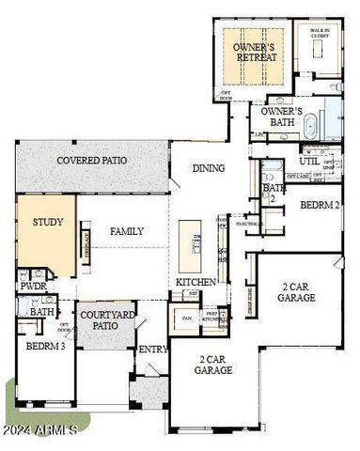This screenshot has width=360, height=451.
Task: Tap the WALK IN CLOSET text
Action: point(321,34)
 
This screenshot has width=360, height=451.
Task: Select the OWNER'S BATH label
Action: point(281,116)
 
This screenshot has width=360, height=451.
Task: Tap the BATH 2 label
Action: point(274,194)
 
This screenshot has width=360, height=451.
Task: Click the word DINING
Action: point(208,168)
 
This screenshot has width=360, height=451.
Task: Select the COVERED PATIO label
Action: point(91,161)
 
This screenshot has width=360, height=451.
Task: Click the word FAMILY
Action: point(125,230)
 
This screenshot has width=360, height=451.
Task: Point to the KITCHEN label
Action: point(196,282)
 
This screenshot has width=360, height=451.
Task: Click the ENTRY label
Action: point(150,350)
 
